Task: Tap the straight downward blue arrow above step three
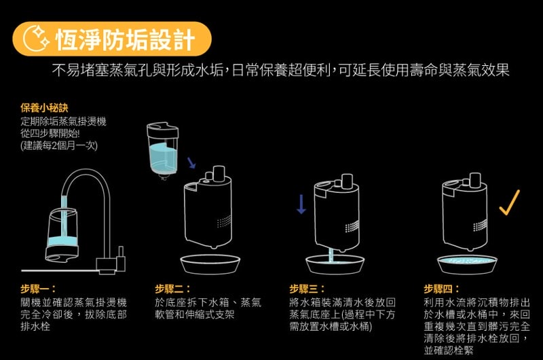click(x=301, y=204)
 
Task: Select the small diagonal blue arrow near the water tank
click(x=191, y=163)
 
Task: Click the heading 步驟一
click(x=38, y=289)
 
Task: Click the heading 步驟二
click(x=172, y=289)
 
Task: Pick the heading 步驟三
click(x=307, y=289)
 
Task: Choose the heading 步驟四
click(x=442, y=289)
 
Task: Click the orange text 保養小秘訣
click(x=44, y=108)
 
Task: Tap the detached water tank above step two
click(x=162, y=151)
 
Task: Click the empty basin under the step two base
click(x=210, y=264)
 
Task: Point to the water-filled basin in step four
click(x=467, y=265)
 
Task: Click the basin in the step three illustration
click(x=335, y=264)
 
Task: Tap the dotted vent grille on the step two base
click(x=224, y=221)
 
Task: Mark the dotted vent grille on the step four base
click(x=481, y=226)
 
